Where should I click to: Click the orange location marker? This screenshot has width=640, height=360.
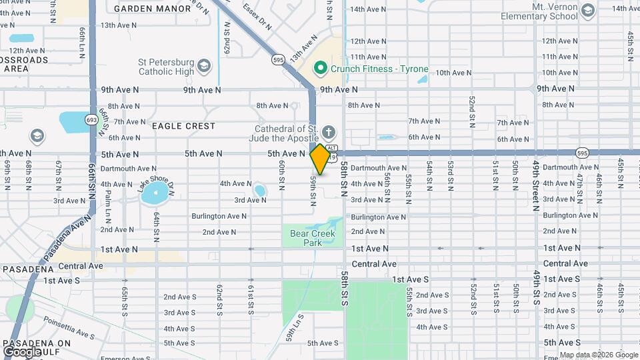pyautogui.click(x=320, y=159)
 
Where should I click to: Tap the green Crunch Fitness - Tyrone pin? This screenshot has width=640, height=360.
pyautogui.click(x=320, y=68)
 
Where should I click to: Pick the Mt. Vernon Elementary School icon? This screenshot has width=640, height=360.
pyautogui.click(x=587, y=11)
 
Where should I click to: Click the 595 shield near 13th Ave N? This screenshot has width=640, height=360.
pyautogui.click(x=279, y=60)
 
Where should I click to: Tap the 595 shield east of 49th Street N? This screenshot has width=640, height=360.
pyautogui.click(x=582, y=153)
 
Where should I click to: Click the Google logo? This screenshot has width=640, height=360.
pyautogui.click(x=23, y=351)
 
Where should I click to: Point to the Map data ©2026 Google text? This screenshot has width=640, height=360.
pyautogui.click(x=598, y=355)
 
